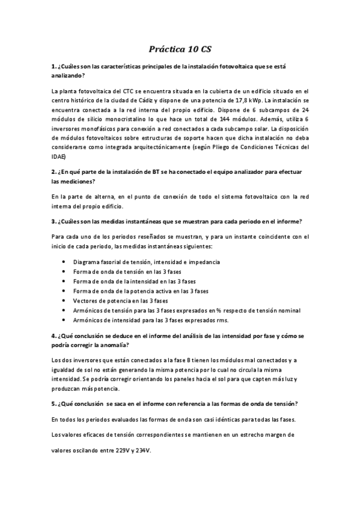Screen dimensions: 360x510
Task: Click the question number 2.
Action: pos(54,171)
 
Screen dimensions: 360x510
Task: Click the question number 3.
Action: pos(54,221)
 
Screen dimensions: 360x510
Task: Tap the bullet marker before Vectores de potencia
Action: pos(64,300)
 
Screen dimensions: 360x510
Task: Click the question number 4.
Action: pos(54,336)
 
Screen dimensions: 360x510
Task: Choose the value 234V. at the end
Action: pos(142,449)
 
